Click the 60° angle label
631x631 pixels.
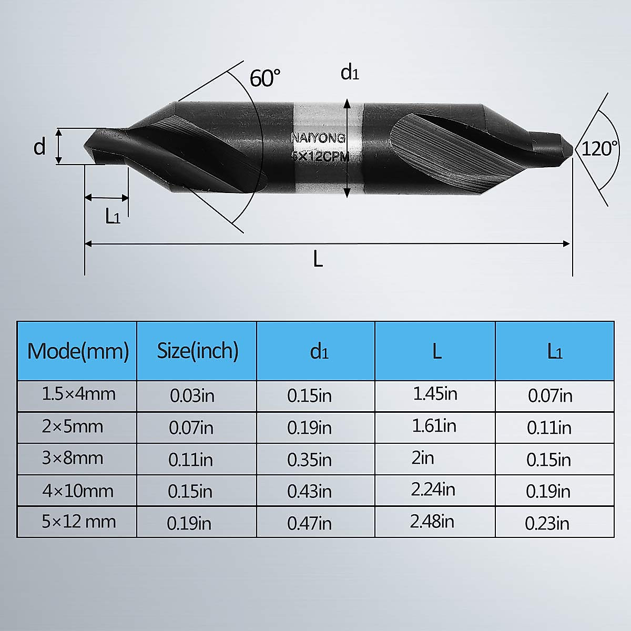point(264,78)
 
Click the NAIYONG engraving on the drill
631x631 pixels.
point(318,138)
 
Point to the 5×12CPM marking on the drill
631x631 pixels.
point(320,156)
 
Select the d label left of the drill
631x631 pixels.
point(39,147)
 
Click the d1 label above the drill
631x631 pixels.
point(350,73)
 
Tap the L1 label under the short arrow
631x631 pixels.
point(113,216)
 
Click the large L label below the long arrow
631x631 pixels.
point(318,259)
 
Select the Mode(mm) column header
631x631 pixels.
point(78,351)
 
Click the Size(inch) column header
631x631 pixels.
point(197,351)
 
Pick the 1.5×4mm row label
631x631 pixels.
point(78,394)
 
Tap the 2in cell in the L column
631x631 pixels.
point(423,457)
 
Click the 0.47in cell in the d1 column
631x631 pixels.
point(309,523)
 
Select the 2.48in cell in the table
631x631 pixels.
point(432,522)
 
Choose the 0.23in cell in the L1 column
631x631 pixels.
point(547,523)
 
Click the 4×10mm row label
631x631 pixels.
point(78,491)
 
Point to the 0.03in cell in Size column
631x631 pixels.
point(192,395)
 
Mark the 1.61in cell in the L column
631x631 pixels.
point(434,425)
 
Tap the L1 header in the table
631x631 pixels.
point(554,351)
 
